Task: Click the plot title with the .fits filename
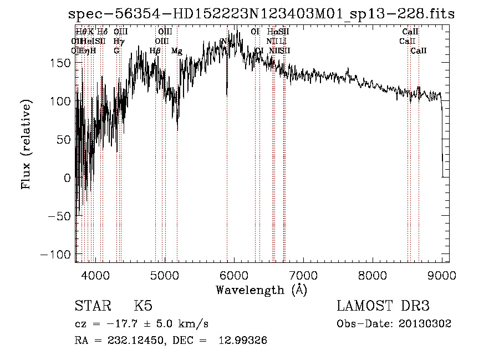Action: pyautogui.click(x=261, y=14)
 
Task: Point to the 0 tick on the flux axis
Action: pyautogui.click(x=68, y=178)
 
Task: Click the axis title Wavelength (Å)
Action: pyautogui.click(x=261, y=290)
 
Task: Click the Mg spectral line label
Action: pyautogui.click(x=176, y=51)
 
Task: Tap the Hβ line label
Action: pyautogui.click(x=155, y=51)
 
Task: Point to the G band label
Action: pyautogui.click(x=116, y=51)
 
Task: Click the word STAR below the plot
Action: pyautogui.click(x=91, y=306)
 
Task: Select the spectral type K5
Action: pyautogui.click(x=143, y=306)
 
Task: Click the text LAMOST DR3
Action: pyautogui.click(x=383, y=306)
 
